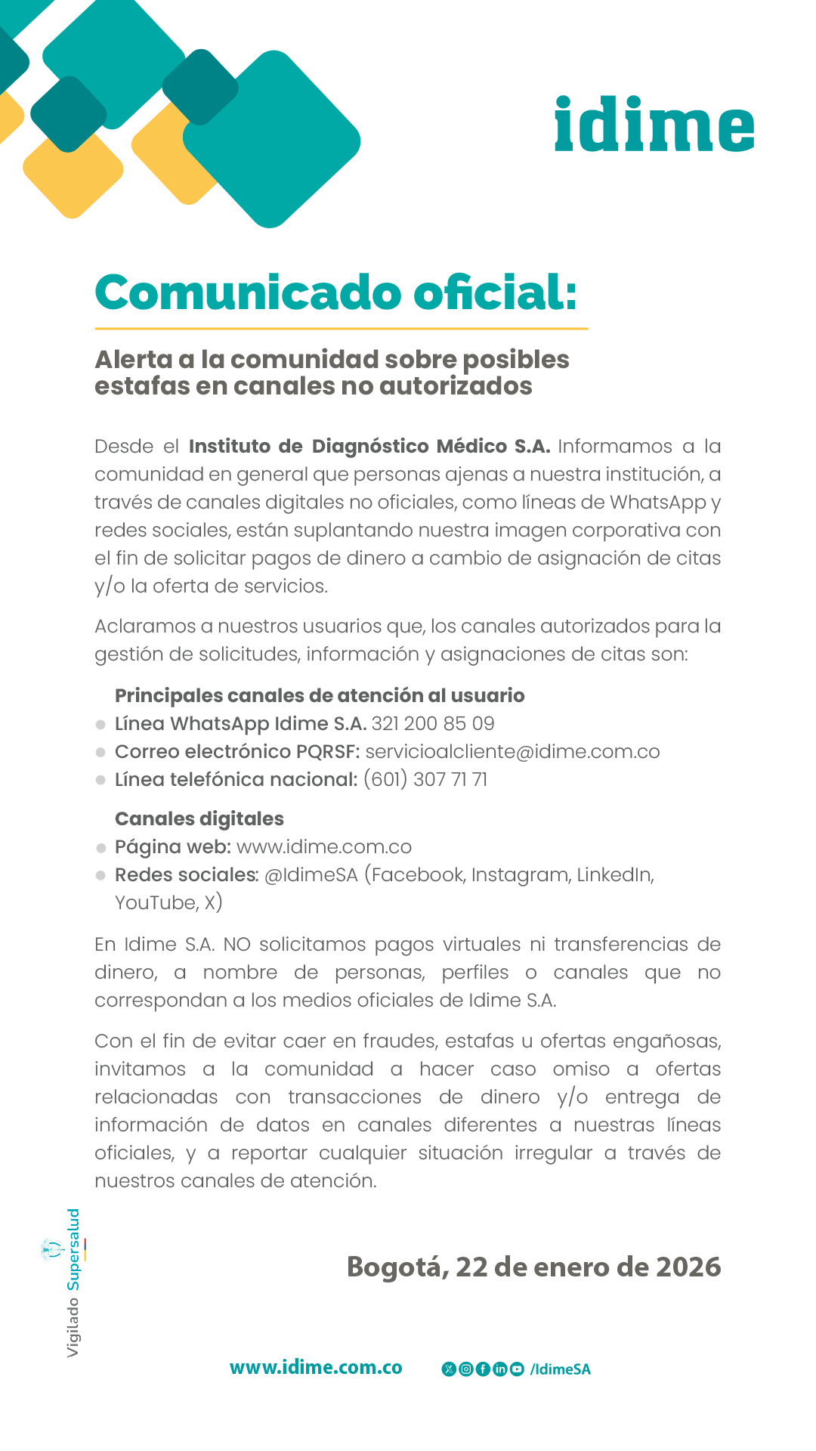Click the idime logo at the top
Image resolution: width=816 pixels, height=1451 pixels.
[x=654, y=125]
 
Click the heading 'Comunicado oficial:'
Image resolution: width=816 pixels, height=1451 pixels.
[x=335, y=292]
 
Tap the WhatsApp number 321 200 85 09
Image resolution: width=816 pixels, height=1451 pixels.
[x=433, y=724]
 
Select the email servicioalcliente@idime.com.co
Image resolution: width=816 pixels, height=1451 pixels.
[x=512, y=752]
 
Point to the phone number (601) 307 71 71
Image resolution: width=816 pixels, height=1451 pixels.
[x=425, y=780]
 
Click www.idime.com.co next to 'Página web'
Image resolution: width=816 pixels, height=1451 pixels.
[x=324, y=847]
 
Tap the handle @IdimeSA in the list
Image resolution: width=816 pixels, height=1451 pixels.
[x=311, y=875]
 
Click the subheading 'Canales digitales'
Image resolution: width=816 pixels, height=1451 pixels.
[x=199, y=819]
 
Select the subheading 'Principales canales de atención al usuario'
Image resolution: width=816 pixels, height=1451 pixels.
[x=320, y=696]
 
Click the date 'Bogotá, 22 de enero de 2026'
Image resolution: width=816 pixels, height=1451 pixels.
[x=533, y=1267]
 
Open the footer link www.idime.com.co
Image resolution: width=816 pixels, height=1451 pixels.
[x=316, y=1368]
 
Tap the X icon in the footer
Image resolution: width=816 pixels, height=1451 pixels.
[x=449, y=1369]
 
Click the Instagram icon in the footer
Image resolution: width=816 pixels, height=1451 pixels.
[x=466, y=1369]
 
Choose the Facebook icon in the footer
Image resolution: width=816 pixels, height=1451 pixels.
[x=483, y=1369]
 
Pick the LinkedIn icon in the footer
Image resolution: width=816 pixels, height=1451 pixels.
[x=500, y=1369]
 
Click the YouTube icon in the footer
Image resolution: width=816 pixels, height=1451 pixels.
[x=517, y=1369]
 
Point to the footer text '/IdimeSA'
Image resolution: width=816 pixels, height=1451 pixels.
[x=561, y=1369]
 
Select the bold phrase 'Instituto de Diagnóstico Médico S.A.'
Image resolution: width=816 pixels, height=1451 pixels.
[x=369, y=447]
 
